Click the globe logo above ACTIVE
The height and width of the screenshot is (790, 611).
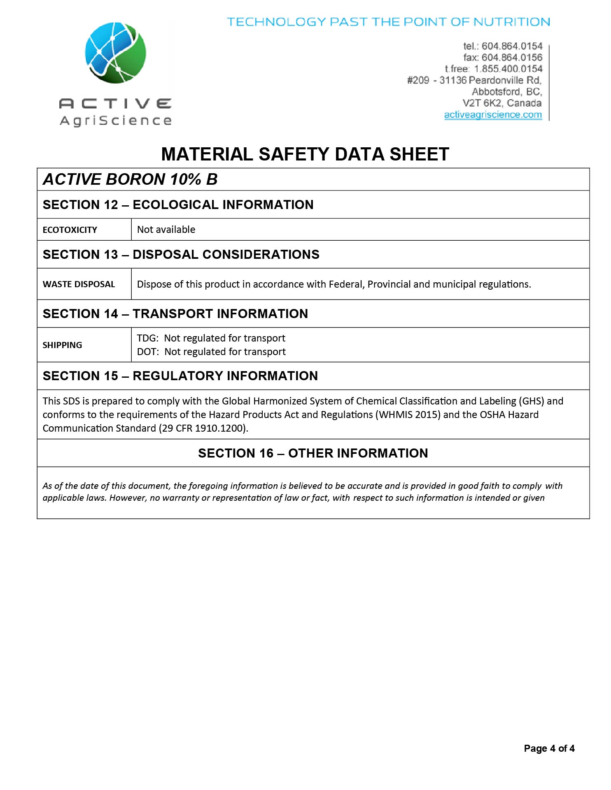click(x=116, y=53)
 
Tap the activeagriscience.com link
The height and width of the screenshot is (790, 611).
click(x=493, y=115)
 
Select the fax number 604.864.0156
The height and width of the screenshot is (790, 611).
click(x=512, y=58)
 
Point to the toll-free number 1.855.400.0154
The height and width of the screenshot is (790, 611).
click(x=508, y=69)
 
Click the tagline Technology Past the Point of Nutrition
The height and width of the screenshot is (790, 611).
click(x=388, y=22)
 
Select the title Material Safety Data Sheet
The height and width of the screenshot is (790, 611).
click(x=305, y=154)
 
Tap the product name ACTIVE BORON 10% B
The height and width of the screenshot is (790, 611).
click(x=130, y=179)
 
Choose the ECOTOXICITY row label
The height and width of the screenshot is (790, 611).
click(x=70, y=230)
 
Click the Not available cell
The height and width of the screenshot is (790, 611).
click(x=166, y=230)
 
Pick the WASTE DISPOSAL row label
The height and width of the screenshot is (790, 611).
click(x=79, y=284)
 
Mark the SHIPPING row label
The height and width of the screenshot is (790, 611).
click(x=62, y=345)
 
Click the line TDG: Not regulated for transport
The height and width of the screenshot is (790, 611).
click(x=211, y=338)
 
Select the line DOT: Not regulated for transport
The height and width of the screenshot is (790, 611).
click(x=211, y=352)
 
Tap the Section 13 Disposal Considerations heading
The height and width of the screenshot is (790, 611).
click(x=181, y=255)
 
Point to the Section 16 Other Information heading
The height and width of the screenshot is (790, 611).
click(x=313, y=453)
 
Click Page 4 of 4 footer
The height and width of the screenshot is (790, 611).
click(x=549, y=748)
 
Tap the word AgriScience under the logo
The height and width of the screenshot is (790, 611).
click(x=116, y=121)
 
